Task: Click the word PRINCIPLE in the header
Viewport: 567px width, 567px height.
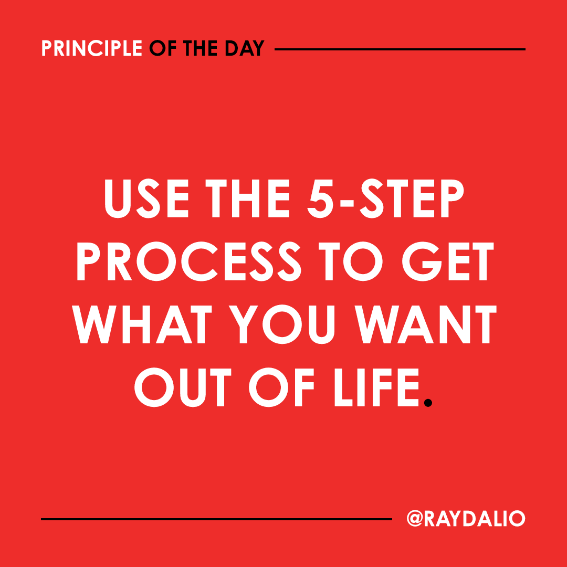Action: pyautogui.click(x=91, y=49)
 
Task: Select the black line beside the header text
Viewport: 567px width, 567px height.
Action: pyautogui.click(x=400, y=49)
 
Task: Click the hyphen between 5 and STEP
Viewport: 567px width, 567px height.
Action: pyautogui.click(x=347, y=202)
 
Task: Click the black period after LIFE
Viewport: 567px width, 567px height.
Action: pyautogui.click(x=428, y=402)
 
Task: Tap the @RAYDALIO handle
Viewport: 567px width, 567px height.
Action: pyautogui.click(x=465, y=519)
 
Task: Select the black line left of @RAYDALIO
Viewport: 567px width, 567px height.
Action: pyautogui.click(x=216, y=519)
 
